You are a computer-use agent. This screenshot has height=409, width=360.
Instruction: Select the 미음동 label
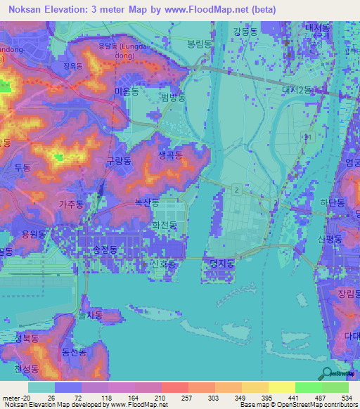[x=126, y=91]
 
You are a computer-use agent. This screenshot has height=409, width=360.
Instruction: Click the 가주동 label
[x=71, y=204]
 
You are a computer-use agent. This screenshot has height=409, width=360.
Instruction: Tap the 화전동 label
[x=165, y=225]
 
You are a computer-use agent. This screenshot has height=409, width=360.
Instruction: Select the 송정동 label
[x=105, y=249]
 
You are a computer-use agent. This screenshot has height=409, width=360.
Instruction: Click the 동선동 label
[x=73, y=351]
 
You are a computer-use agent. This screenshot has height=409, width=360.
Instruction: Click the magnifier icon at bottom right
[x=328, y=375]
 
